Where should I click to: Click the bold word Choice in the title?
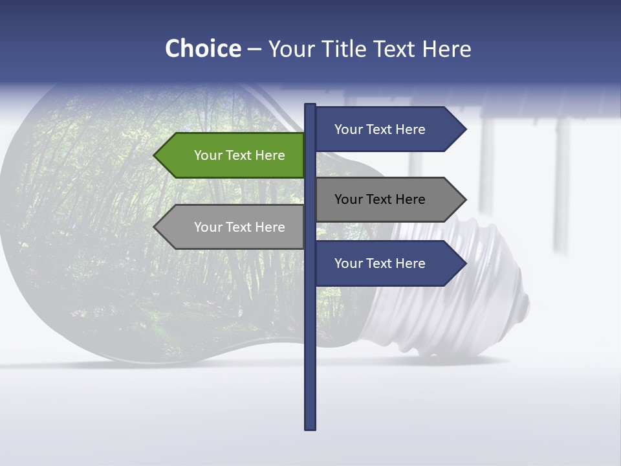(x=202, y=49)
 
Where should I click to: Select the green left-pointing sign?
(x=233, y=155)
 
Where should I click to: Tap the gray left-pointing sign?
(x=233, y=227)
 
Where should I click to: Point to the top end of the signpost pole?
(x=310, y=105)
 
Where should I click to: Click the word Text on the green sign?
(x=239, y=155)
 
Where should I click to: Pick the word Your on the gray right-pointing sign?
(x=348, y=199)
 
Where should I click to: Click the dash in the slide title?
(x=254, y=49)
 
